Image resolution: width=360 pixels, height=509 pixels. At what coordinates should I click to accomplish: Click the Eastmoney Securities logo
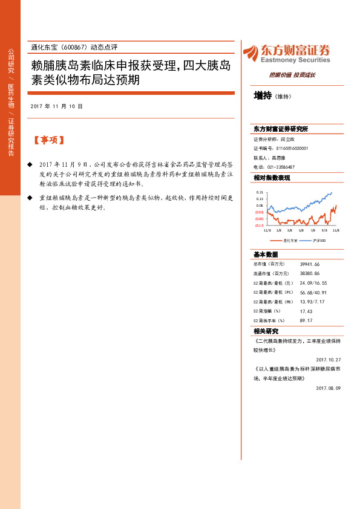point(286,54)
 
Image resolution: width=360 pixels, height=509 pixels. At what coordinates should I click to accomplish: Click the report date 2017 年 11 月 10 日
point(56,106)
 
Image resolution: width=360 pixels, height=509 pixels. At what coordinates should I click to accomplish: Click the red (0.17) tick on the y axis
point(259,225)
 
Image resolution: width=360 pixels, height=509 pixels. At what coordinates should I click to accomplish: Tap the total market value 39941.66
point(309,264)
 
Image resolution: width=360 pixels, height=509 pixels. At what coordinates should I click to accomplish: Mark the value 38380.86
point(309,273)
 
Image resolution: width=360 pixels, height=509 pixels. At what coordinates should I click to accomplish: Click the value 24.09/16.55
point(313,283)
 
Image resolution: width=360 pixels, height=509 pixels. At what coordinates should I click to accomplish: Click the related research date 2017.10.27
point(329,358)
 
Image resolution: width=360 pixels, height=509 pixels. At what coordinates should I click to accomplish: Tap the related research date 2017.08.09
point(329,387)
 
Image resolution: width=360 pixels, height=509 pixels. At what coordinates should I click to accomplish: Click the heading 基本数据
point(266,254)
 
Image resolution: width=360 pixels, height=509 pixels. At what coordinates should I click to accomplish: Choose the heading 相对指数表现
point(272,178)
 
